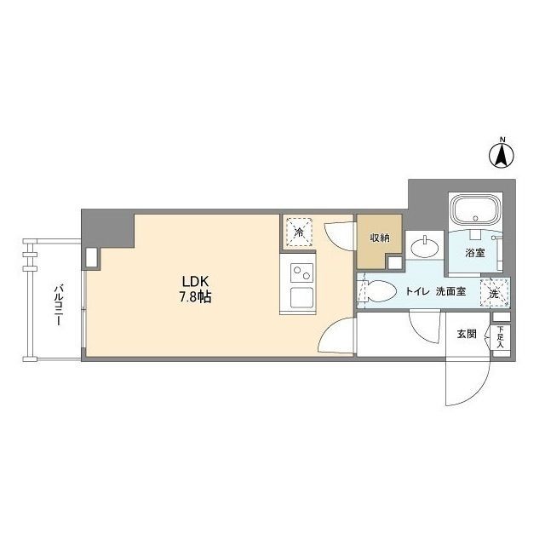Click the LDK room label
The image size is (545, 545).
[195, 281]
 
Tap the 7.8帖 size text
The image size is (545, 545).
[195, 297]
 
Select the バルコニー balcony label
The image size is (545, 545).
[59, 305]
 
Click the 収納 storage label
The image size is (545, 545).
[380, 238]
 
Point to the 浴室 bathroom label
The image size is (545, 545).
[475, 253]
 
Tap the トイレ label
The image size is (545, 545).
[418, 291]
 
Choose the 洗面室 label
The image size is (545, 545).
[450, 291]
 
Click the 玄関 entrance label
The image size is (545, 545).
[467, 334]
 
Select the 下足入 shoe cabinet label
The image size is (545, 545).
[500, 337]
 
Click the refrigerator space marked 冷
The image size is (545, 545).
[299, 232]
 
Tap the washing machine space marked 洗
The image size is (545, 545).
[494, 293]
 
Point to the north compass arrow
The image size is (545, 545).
[502, 156]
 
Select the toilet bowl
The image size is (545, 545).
[376, 291]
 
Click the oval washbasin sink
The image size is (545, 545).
[424, 248]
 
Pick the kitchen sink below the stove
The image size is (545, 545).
[301, 298]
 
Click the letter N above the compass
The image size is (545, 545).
[502, 140]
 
